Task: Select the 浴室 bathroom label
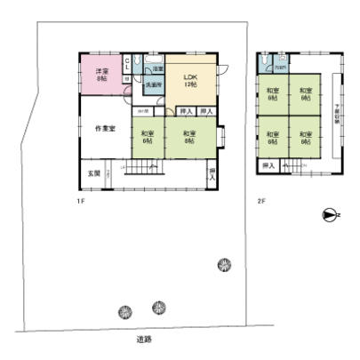[x=157, y=68]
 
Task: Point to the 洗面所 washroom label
[x=153, y=85]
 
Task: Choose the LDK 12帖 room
[x=190, y=80]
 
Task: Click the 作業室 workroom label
[x=104, y=130]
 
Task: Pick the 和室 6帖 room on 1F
[x=147, y=138]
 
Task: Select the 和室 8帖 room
[x=188, y=138]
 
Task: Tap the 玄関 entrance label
[x=93, y=172]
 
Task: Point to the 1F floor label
[x=80, y=201]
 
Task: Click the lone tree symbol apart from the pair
[x=223, y=264]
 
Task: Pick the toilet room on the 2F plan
[x=279, y=65]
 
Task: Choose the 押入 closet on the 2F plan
[x=268, y=165]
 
